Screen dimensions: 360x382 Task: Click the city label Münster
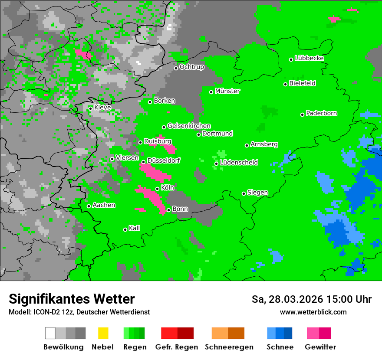pos(227,91)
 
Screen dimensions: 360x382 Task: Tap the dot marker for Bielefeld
pos(286,84)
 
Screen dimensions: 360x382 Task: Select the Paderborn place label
pos(322,113)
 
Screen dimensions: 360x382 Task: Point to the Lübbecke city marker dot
pos(291,59)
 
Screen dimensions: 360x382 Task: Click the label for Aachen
pos(104,205)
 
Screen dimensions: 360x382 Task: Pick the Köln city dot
pos(157,189)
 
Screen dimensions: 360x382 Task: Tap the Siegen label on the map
pos(258,193)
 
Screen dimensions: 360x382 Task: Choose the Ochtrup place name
pos(192,67)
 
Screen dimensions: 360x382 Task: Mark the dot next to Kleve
pos(90,108)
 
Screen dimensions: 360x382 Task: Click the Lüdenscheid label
pos(239,163)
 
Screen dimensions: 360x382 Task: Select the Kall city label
pos(135,228)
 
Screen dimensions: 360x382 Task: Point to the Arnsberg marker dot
pos(247,145)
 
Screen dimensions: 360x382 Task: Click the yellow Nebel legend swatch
pos(103,333)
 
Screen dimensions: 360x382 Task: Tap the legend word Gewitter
pos(320,347)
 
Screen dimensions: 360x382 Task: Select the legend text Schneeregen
pos(228,347)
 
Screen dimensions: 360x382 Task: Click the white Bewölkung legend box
pos(50,333)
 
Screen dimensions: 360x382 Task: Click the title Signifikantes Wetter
pos(72,299)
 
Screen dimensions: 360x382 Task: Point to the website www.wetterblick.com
pos(313,312)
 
